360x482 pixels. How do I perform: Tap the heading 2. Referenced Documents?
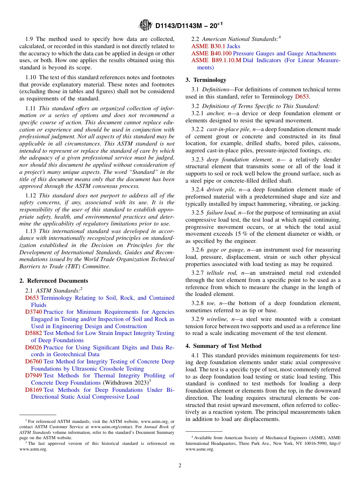[53, 281]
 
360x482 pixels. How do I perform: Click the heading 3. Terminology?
[206, 80]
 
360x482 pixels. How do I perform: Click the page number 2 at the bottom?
[180, 465]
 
